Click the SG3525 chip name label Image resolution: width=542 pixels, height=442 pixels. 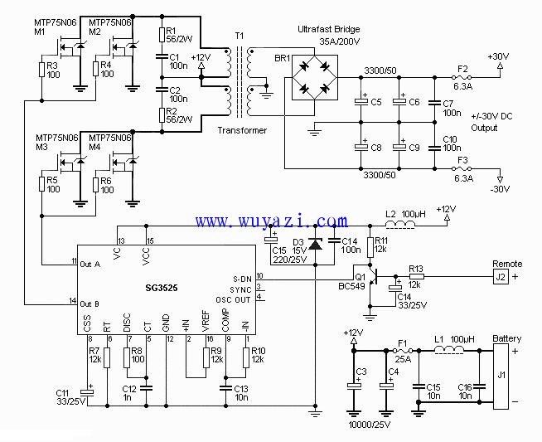162,288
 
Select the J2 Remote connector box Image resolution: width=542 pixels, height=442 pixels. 501,277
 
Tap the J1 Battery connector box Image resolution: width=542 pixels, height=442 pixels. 501,376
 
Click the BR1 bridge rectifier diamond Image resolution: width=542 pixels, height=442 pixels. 315,77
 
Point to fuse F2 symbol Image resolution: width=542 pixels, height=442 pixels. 462,77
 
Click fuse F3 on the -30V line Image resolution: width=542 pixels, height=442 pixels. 462,169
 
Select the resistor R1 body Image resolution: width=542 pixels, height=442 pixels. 162,35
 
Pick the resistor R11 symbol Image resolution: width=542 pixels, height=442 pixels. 370,247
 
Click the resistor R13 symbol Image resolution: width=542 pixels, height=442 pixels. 416,277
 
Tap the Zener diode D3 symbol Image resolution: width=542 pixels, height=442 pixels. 315,244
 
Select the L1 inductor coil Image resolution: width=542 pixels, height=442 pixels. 448,350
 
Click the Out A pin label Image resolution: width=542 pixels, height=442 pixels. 90,265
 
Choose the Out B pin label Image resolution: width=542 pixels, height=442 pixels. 90,304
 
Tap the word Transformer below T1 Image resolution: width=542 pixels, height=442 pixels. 242,130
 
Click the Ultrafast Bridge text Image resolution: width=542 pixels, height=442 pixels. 329,29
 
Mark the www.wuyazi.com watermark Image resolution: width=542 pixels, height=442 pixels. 271,221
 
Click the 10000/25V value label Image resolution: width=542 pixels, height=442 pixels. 369,425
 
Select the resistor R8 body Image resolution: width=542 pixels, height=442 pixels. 127,357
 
